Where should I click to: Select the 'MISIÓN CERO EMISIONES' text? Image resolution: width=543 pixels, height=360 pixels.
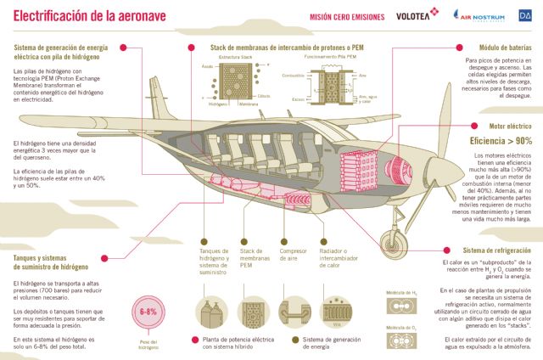(345, 15)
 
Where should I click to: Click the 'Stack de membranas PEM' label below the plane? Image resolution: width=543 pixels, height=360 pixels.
(255, 258)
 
